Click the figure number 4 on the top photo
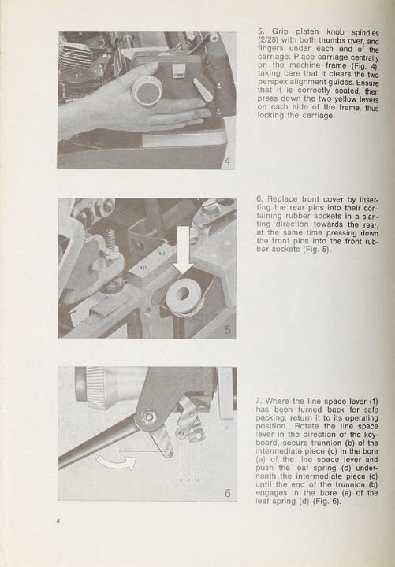(x=227, y=161)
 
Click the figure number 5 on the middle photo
(x=228, y=329)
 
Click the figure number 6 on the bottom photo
(x=228, y=493)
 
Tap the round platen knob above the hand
(x=147, y=90)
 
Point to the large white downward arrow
(x=183, y=250)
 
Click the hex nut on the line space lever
(x=148, y=417)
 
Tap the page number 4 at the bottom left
(x=58, y=521)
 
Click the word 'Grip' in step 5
(x=281, y=31)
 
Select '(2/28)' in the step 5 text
(x=267, y=40)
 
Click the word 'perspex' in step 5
(x=271, y=82)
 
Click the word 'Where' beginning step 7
(x=278, y=401)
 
